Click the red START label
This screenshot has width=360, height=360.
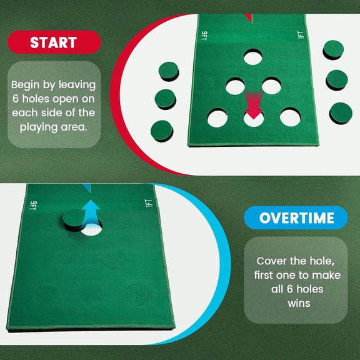point(55,42)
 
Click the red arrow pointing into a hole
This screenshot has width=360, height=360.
point(253,106)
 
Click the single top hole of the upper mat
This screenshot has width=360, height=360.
point(253,58)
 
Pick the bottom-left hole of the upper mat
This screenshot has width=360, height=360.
point(217,117)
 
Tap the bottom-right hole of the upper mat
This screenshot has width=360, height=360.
point(291,117)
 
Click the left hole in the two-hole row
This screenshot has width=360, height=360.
point(235,86)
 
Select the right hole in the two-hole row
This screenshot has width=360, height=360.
point(271,86)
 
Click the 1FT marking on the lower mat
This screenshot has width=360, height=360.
point(147,206)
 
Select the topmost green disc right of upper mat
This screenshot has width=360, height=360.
point(333,49)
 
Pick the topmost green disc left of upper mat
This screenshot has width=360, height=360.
point(168,71)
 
